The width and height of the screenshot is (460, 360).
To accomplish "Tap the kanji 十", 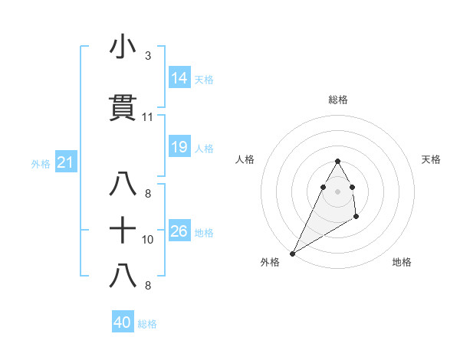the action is (123, 229).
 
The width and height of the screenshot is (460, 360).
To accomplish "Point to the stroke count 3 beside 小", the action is (147, 56).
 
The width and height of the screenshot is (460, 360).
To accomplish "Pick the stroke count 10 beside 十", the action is (148, 239).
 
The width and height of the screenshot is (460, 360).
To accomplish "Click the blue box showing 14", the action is (179, 78).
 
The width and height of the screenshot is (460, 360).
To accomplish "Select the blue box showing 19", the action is (179, 147).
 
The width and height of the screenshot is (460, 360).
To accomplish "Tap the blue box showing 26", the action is (179, 231).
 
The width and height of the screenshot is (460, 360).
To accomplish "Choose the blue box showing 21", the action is (65, 162).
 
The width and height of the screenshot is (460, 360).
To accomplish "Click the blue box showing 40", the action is (123, 322).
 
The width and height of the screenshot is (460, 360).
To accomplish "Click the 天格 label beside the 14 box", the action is (204, 80).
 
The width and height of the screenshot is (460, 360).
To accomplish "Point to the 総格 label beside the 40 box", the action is (147, 324).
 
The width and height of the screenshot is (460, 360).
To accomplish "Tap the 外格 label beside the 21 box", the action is (41, 163).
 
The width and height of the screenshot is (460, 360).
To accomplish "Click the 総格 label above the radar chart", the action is (337, 100).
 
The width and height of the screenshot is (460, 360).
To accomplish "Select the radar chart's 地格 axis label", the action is (402, 263).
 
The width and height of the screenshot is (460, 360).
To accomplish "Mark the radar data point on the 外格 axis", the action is (292, 253).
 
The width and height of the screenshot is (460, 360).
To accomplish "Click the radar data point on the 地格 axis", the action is (356, 218).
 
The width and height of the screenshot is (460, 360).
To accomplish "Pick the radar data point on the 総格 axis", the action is (337, 161).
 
